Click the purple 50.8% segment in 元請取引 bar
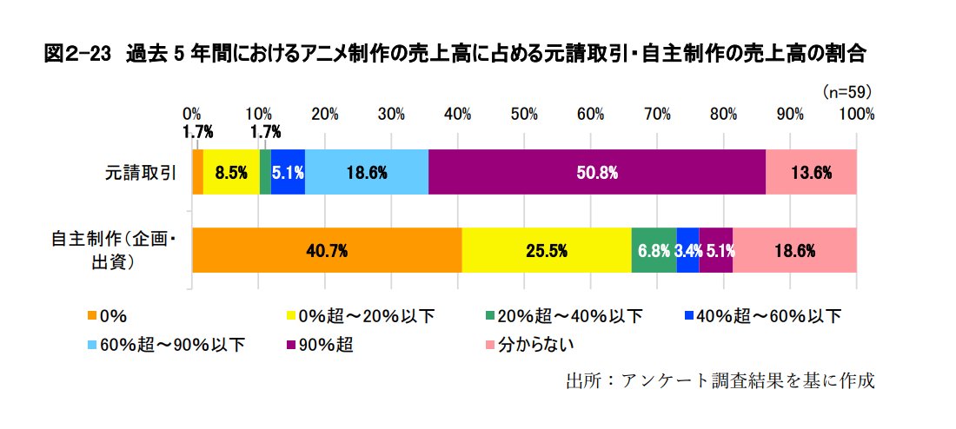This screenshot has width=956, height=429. click(597, 172)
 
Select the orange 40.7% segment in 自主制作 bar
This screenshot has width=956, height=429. click(327, 251)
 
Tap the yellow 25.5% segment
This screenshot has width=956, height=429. click(546, 251)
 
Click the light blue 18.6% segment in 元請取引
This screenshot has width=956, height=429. click(367, 172)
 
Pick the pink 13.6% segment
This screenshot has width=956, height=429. click(811, 172)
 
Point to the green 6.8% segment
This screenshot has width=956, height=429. click(654, 251)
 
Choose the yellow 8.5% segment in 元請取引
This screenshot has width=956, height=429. click(231, 172)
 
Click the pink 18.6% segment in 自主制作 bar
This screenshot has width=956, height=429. click(794, 251)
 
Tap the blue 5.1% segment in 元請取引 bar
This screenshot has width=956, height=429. click(288, 172)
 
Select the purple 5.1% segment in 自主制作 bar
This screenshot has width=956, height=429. click(715, 251)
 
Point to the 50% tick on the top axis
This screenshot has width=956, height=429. click(524, 114)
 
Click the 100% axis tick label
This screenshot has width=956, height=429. click(856, 114)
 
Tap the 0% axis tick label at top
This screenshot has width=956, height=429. click(192, 114)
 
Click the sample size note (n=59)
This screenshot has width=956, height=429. click(846, 90)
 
